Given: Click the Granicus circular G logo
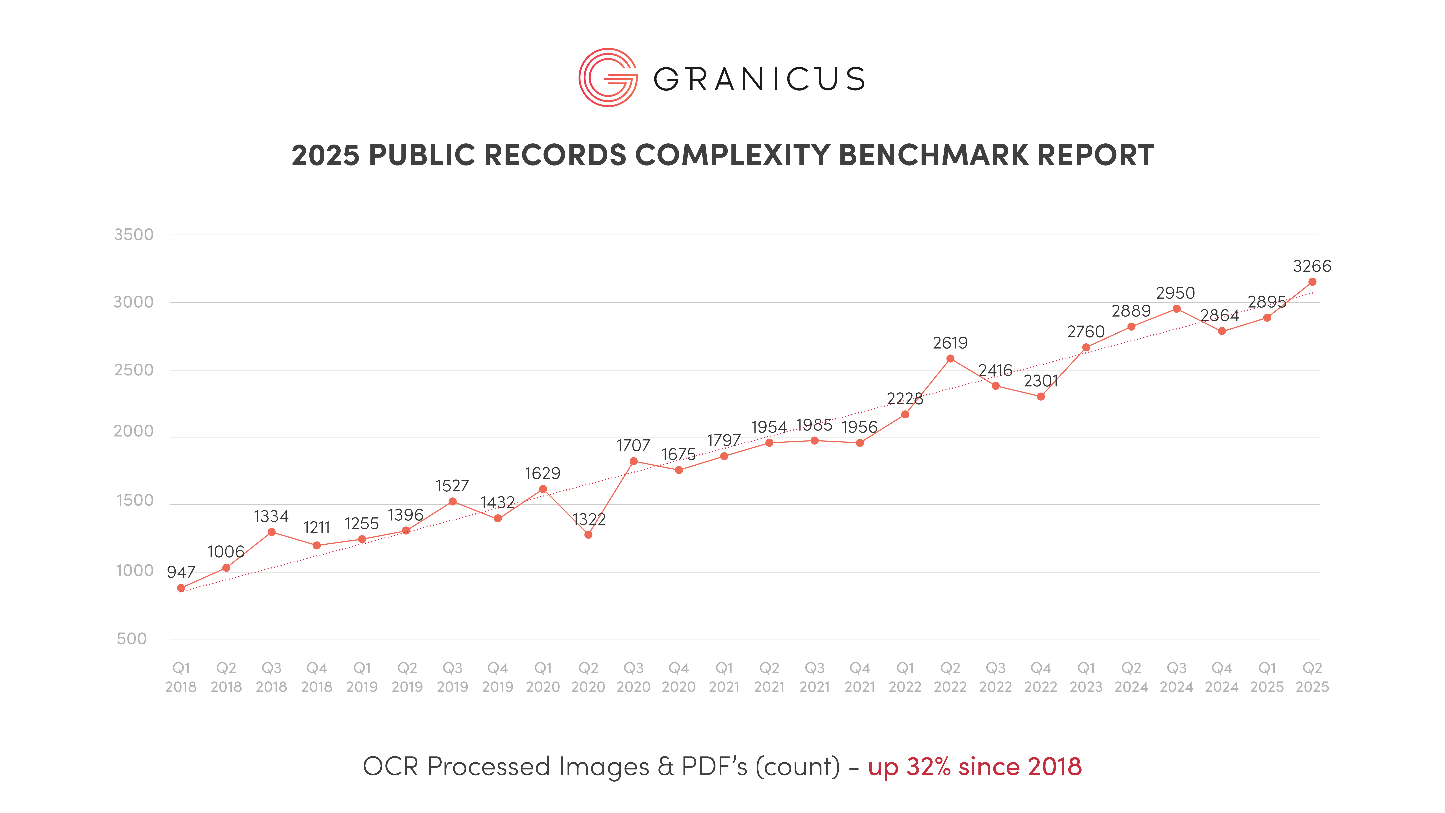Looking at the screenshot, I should click(x=608, y=78).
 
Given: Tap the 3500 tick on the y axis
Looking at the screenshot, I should click(x=133, y=235).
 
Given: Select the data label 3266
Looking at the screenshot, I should click(x=1312, y=266).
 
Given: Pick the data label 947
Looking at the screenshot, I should click(x=181, y=572).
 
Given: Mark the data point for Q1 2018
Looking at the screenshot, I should click(x=181, y=588).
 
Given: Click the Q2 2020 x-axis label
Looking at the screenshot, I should click(x=588, y=677).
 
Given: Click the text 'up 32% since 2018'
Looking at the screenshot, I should click(x=974, y=766).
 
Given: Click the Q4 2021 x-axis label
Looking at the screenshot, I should click(x=859, y=677).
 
